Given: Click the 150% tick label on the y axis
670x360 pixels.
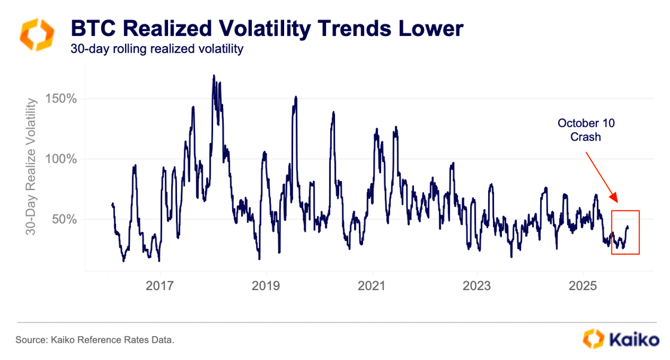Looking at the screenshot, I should click(61, 99).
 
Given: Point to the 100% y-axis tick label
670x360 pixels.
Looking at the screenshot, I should click(61, 159).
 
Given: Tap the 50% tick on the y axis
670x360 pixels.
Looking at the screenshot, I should click(64, 219).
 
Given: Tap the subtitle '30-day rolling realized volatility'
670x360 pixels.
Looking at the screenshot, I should click(157, 49).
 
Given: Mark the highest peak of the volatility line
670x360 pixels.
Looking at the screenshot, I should click(214, 76).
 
